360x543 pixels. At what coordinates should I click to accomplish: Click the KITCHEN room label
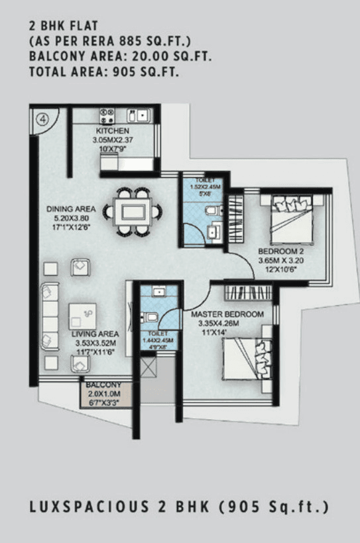coord(111,131)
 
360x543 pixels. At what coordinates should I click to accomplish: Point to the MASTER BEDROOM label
coord(227,314)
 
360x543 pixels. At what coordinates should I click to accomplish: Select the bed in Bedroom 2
coord(295,221)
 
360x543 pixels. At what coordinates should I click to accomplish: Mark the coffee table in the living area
coord(82,317)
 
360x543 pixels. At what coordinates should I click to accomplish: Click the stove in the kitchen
coord(108,116)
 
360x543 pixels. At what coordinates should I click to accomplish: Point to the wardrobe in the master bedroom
coord(248,292)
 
